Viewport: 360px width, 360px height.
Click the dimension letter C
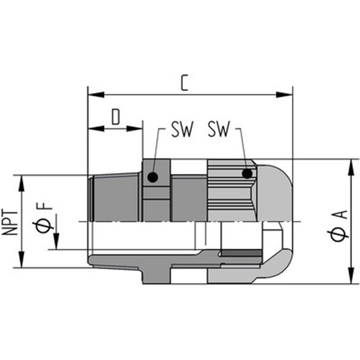point(184,83)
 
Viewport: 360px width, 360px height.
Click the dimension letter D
point(116,117)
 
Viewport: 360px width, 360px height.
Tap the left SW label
point(182,129)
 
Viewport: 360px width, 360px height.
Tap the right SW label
point(219,129)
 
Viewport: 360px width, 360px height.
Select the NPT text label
point(10,223)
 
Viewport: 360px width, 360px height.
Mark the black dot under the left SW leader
point(153,177)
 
